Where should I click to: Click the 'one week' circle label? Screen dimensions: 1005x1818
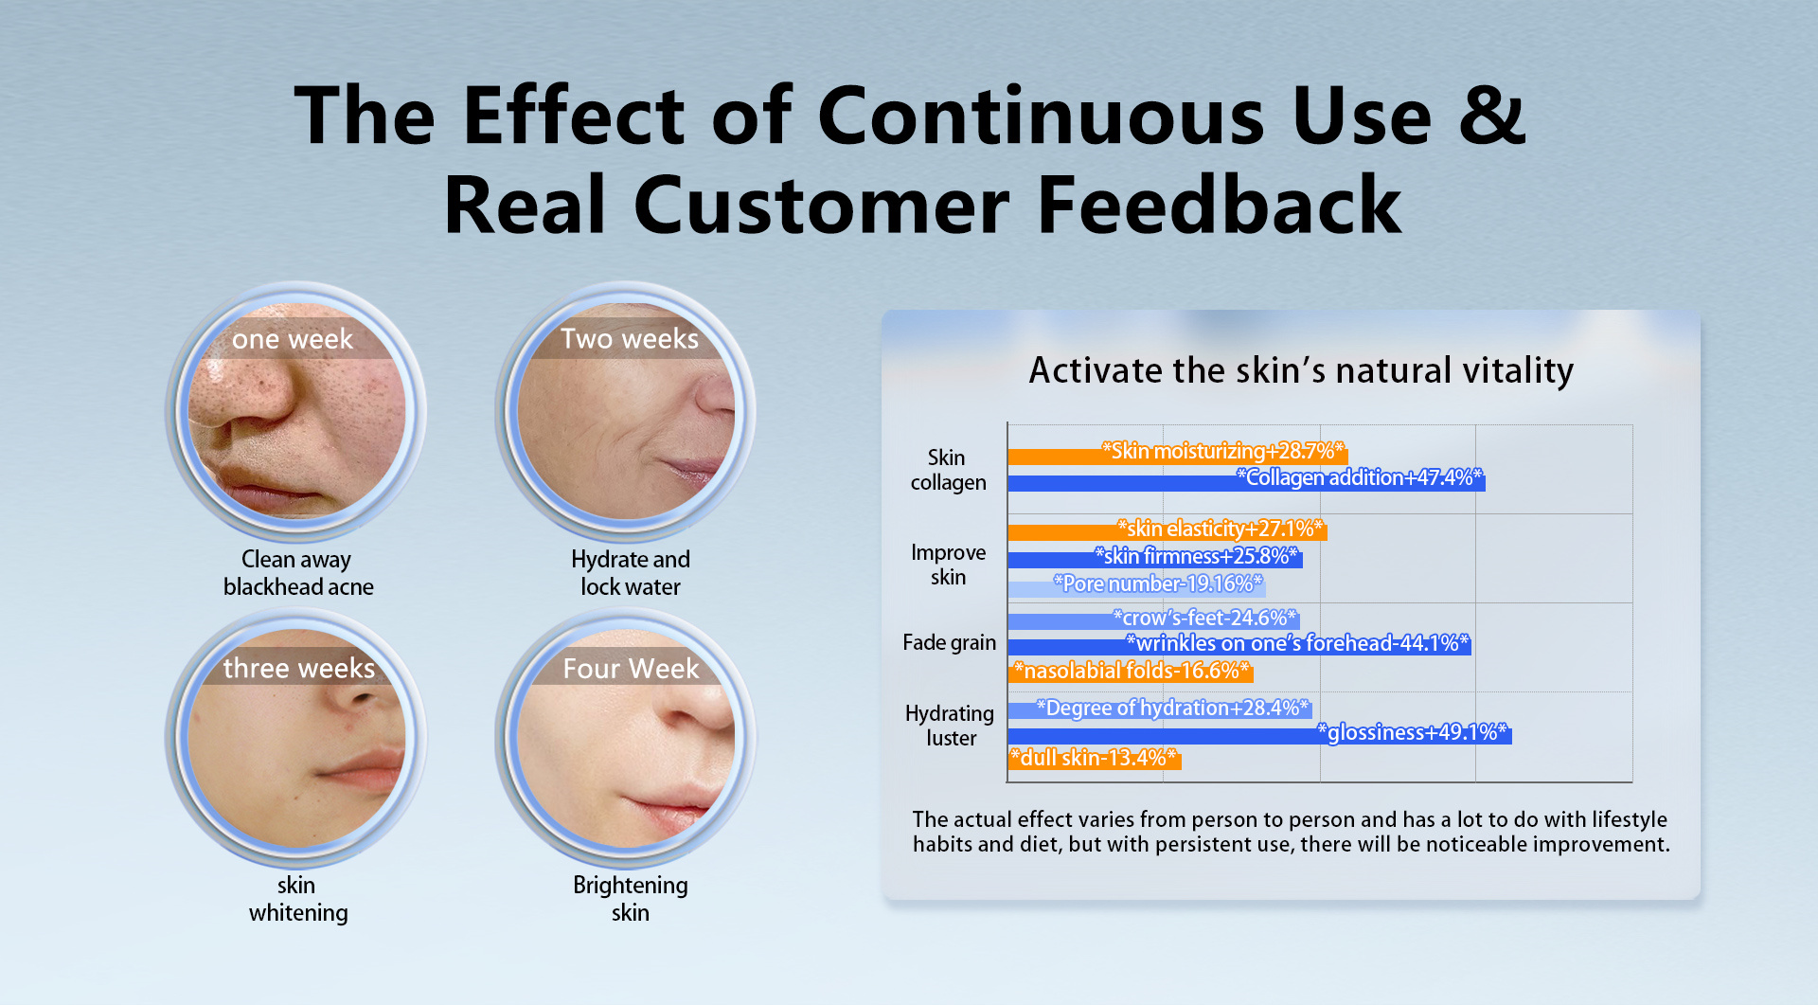pyautogui.click(x=292, y=339)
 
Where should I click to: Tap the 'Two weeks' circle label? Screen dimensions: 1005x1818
pyautogui.click(x=629, y=339)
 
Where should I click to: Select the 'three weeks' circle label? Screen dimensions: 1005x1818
pyautogui.click(x=298, y=669)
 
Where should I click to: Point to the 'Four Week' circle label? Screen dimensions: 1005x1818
pyautogui.click(x=631, y=669)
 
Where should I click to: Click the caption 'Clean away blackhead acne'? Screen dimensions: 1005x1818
pyautogui.click(x=297, y=573)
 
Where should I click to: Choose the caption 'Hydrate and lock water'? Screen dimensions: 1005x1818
pyautogui.click(x=631, y=573)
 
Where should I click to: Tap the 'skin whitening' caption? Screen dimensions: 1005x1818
pyautogui.click(x=297, y=899)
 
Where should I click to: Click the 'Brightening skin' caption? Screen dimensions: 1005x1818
pyautogui.click(x=631, y=899)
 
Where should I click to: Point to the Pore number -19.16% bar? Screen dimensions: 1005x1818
pyautogui.click(x=1136, y=586)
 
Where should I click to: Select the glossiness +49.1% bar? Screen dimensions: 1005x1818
pyautogui.click(x=1259, y=734)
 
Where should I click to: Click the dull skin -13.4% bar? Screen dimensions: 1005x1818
pyautogui.click(x=1095, y=759)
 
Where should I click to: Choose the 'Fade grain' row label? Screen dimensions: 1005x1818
pyautogui.click(x=949, y=643)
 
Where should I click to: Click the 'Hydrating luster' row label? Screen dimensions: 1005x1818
pyautogui.click(x=950, y=727)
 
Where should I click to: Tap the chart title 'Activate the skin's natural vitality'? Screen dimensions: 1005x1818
pyautogui.click(x=1301, y=370)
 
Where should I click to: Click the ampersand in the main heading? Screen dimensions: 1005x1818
pyautogui.click(x=1491, y=116)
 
